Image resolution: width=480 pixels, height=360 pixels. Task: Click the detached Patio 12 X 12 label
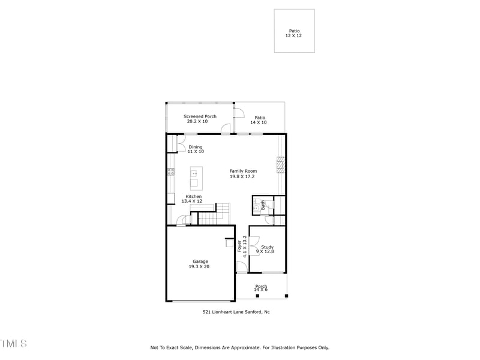294,33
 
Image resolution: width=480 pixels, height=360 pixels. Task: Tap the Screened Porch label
200,119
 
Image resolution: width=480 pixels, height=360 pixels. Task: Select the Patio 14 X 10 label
259,120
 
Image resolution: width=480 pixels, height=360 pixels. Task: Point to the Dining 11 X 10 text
196,149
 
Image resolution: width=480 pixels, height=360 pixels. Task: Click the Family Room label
242,173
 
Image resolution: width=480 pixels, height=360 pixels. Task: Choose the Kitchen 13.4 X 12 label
193,199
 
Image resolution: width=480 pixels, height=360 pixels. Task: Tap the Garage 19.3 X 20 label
200,264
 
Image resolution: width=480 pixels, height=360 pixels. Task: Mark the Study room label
266,249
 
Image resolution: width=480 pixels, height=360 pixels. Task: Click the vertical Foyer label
241,246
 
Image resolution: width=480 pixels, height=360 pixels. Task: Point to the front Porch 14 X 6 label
261,288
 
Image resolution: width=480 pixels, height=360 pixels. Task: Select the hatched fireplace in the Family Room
280,165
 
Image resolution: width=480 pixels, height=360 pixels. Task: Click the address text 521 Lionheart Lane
236,312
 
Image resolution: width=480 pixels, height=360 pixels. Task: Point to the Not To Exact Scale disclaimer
239,347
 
